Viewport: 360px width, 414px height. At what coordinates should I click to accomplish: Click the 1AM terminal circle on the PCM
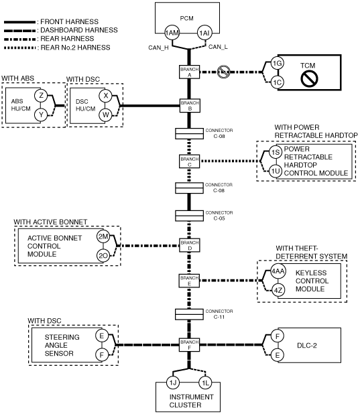point(172,33)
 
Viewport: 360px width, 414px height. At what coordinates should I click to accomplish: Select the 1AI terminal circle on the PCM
point(205,33)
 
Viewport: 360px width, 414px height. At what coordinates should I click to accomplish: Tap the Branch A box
point(189,72)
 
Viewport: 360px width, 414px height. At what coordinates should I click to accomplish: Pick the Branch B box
point(190,106)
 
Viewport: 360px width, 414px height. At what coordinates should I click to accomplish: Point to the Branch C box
point(189,161)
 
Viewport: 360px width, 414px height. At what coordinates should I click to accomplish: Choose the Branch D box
point(190,245)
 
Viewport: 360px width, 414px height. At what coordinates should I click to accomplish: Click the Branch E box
point(189,281)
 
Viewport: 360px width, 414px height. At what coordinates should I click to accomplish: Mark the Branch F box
point(189,344)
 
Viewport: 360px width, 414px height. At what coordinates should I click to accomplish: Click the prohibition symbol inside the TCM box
point(309,78)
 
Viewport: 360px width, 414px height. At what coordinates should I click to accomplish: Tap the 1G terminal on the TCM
point(278,64)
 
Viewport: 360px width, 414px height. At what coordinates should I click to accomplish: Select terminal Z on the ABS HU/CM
point(41,95)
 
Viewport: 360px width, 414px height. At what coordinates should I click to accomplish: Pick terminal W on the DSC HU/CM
point(105,115)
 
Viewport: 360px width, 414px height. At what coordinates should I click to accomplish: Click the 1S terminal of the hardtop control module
point(276,152)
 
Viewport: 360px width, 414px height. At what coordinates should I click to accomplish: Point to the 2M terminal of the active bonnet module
point(103,236)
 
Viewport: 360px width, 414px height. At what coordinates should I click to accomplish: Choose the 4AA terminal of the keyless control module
point(278,271)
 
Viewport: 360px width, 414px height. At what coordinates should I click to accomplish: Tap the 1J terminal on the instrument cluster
point(173,383)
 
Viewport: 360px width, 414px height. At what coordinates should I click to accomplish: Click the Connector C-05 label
point(219,216)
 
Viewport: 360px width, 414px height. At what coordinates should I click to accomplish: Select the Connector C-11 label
point(219,314)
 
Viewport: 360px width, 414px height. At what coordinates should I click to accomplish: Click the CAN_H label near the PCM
point(158,48)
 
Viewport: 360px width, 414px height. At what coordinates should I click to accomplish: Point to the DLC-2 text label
point(307,346)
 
